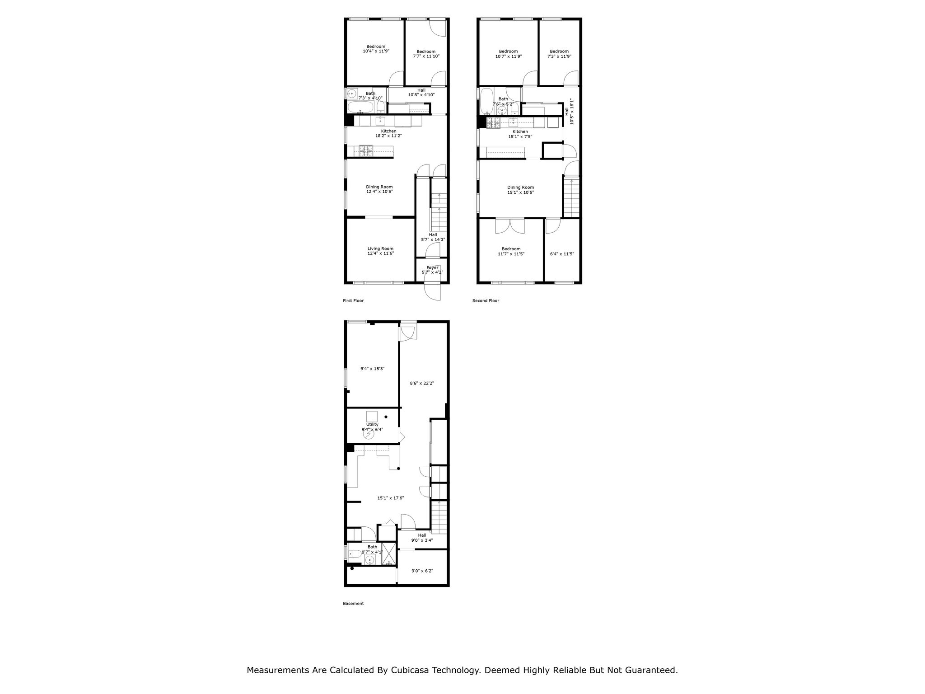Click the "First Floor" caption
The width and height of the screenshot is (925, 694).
(x=353, y=301)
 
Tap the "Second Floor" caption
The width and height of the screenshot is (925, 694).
(x=486, y=301)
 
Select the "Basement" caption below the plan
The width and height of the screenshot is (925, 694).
(x=353, y=604)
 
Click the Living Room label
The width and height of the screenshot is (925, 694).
(x=380, y=251)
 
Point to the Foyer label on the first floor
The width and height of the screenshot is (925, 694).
(x=432, y=270)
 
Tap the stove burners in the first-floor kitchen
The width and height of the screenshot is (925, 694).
(x=366, y=151)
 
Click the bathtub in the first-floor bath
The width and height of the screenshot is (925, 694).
(x=361, y=108)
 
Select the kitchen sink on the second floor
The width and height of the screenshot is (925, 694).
(x=514, y=122)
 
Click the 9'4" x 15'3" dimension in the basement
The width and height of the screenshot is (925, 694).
(x=372, y=369)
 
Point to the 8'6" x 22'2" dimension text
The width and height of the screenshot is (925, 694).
(x=422, y=383)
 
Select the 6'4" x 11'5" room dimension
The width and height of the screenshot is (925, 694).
(x=562, y=254)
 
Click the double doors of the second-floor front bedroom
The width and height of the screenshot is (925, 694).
(x=510, y=226)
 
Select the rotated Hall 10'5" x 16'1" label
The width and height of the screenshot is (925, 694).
(x=569, y=112)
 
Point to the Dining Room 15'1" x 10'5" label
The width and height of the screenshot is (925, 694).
(x=520, y=190)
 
